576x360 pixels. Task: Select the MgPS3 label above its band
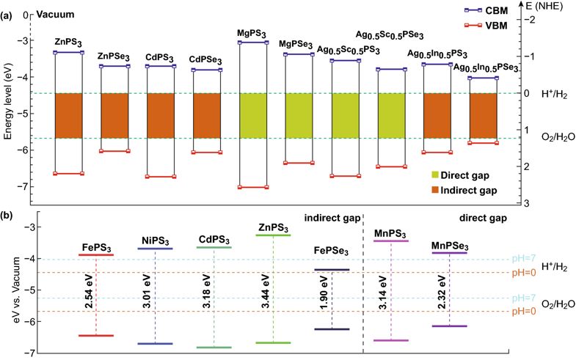(252, 32)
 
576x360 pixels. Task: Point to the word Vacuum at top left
(49, 14)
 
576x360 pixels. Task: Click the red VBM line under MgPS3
(252, 188)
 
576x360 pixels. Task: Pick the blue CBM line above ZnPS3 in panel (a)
(69, 53)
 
